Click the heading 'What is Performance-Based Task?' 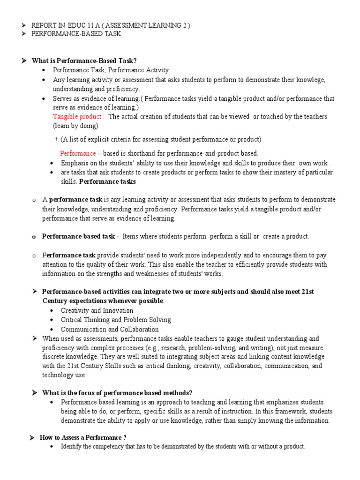click(x=84, y=60)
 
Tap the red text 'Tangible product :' click(x=78, y=116)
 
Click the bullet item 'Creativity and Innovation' click(x=97, y=310)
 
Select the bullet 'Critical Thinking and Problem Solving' click(x=116, y=320)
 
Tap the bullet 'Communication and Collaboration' click(x=110, y=329)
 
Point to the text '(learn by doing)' click(x=75, y=126)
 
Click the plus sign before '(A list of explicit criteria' click(x=57, y=139)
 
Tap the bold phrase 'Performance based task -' click(x=80, y=237)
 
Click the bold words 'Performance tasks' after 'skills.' click(x=114, y=181)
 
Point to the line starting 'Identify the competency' click(x=183, y=447)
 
